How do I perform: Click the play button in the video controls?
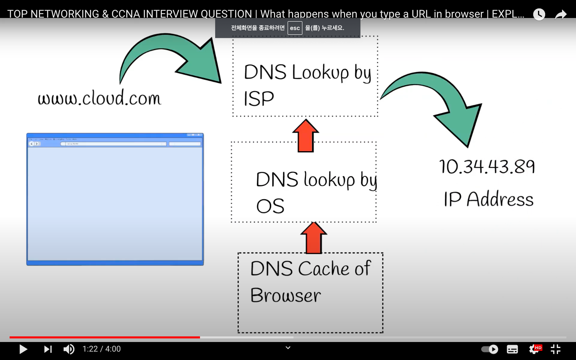click(x=23, y=349)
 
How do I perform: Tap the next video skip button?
click(x=48, y=349)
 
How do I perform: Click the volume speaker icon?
click(x=69, y=349)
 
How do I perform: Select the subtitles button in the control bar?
click(x=512, y=349)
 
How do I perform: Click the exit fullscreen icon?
click(x=556, y=349)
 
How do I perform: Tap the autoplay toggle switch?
click(x=490, y=349)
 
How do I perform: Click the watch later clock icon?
click(x=539, y=14)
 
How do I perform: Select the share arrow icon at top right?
click(x=561, y=15)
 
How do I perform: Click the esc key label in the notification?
click(x=295, y=28)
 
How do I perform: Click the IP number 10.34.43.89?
click(x=487, y=166)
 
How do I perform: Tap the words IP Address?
click(x=488, y=199)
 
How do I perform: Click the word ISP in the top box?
click(x=259, y=99)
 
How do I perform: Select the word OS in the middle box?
click(x=270, y=206)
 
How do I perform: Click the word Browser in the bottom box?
click(x=286, y=296)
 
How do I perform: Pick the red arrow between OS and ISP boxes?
click(x=306, y=136)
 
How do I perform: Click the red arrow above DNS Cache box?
click(x=314, y=238)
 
